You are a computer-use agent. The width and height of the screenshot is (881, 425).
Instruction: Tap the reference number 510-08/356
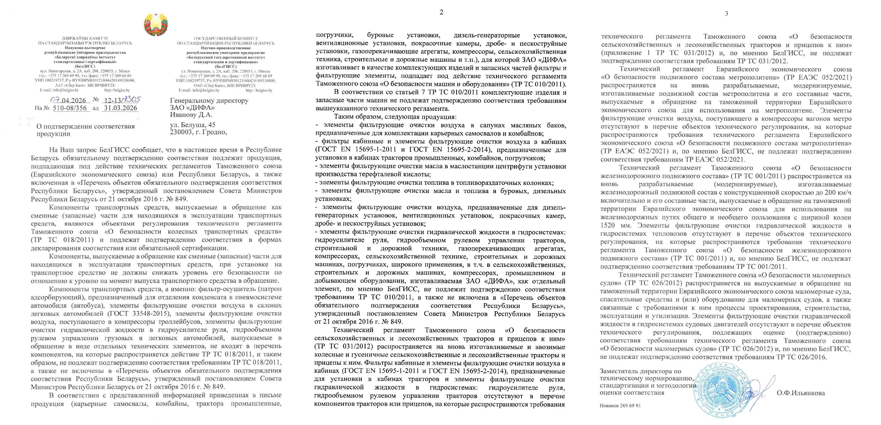click(71, 108)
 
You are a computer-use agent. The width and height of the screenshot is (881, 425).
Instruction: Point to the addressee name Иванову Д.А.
click(191, 115)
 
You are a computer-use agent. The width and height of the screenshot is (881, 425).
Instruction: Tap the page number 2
click(441, 12)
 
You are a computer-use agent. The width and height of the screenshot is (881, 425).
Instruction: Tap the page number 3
click(726, 14)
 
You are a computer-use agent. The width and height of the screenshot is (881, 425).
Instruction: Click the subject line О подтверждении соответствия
click(86, 126)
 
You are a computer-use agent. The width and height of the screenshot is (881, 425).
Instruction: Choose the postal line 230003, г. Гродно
click(198, 132)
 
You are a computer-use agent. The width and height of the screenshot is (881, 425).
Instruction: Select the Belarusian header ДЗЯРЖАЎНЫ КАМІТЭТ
click(85, 39)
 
